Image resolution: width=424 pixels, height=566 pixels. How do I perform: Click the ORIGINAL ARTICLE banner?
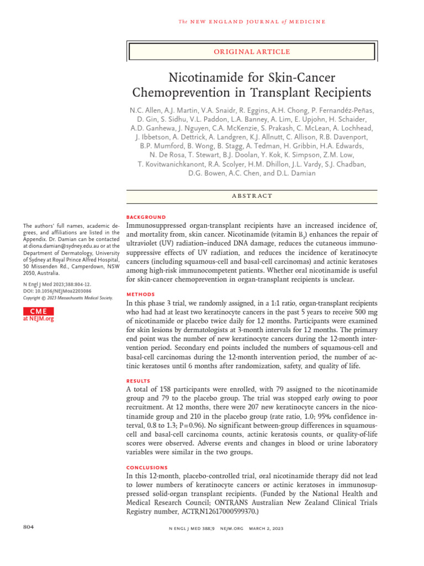click(252, 51)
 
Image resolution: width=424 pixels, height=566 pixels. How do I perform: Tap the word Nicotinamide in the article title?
click(202, 77)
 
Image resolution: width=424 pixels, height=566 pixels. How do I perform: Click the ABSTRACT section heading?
click(252, 196)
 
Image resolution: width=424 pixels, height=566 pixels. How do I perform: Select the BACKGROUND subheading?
click(146, 217)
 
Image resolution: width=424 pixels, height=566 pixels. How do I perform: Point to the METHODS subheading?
click(141, 295)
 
